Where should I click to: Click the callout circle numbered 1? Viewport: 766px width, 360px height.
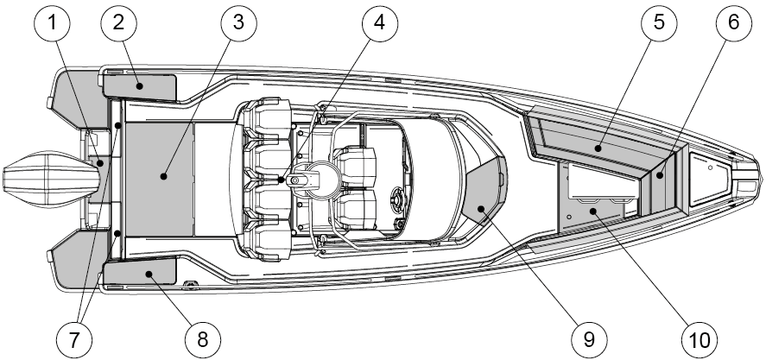[x=53, y=22]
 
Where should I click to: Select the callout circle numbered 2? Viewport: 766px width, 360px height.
[x=118, y=22]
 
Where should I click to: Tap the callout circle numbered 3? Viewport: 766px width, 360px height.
[x=238, y=22]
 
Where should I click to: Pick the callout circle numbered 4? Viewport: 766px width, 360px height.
[x=380, y=22]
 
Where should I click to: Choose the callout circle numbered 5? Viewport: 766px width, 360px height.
[x=659, y=22]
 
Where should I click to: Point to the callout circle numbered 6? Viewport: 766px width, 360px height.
[x=734, y=22]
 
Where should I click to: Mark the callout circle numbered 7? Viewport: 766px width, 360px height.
[x=73, y=339]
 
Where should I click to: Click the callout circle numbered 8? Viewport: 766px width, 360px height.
[x=203, y=339]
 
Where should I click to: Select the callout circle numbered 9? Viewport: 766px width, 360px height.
[x=589, y=339]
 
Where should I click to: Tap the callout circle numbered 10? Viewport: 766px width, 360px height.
[x=700, y=339]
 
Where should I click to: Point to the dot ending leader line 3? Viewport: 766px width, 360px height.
[x=164, y=176]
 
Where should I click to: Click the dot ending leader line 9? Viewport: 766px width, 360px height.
[x=481, y=209]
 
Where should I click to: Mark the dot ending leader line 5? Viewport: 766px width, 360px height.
[x=598, y=148]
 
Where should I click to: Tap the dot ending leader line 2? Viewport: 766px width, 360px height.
[x=140, y=86]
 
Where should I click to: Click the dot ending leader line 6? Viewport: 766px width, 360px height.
[x=659, y=175]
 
